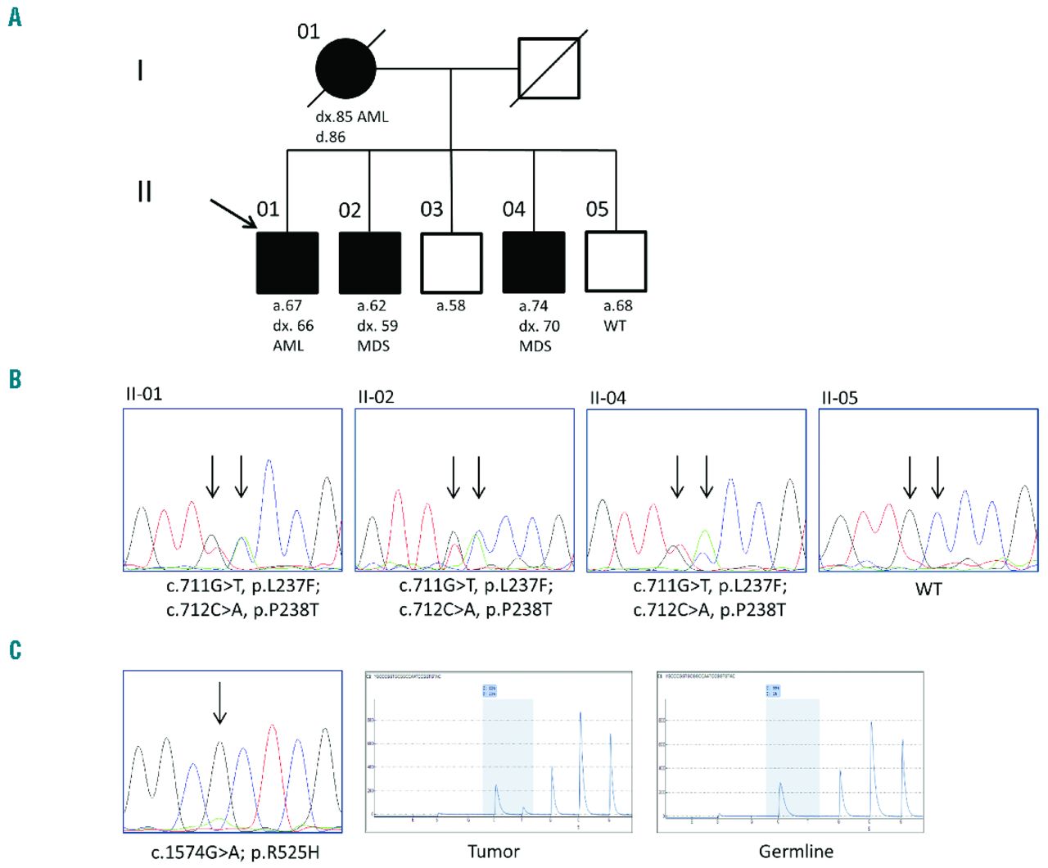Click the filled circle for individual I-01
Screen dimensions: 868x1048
point(346,68)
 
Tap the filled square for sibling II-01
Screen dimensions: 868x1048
point(287,263)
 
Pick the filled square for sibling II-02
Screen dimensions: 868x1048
point(370,263)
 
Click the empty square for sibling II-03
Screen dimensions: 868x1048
point(451,263)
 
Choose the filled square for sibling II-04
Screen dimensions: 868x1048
point(534,263)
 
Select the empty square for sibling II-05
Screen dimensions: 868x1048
point(616,263)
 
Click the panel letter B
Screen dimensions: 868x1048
point(15,379)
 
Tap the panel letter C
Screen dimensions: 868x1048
point(15,650)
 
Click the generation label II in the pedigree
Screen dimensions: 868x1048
point(144,192)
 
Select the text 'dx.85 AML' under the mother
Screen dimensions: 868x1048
point(352,117)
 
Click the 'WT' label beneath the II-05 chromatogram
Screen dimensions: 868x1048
point(928,589)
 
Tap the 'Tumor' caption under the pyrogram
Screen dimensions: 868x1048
point(494,852)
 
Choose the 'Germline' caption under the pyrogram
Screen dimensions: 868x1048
point(796,852)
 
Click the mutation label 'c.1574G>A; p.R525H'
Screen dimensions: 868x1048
point(229,852)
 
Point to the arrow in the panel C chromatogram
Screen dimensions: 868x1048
point(219,703)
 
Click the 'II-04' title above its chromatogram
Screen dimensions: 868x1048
point(608,398)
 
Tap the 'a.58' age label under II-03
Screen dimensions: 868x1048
point(451,305)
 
